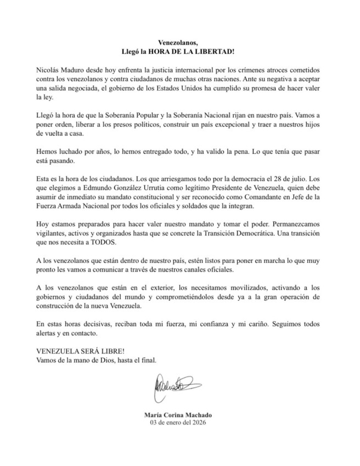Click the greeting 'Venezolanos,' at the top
click(x=180, y=42)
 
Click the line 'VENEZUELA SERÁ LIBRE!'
click(x=80, y=352)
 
